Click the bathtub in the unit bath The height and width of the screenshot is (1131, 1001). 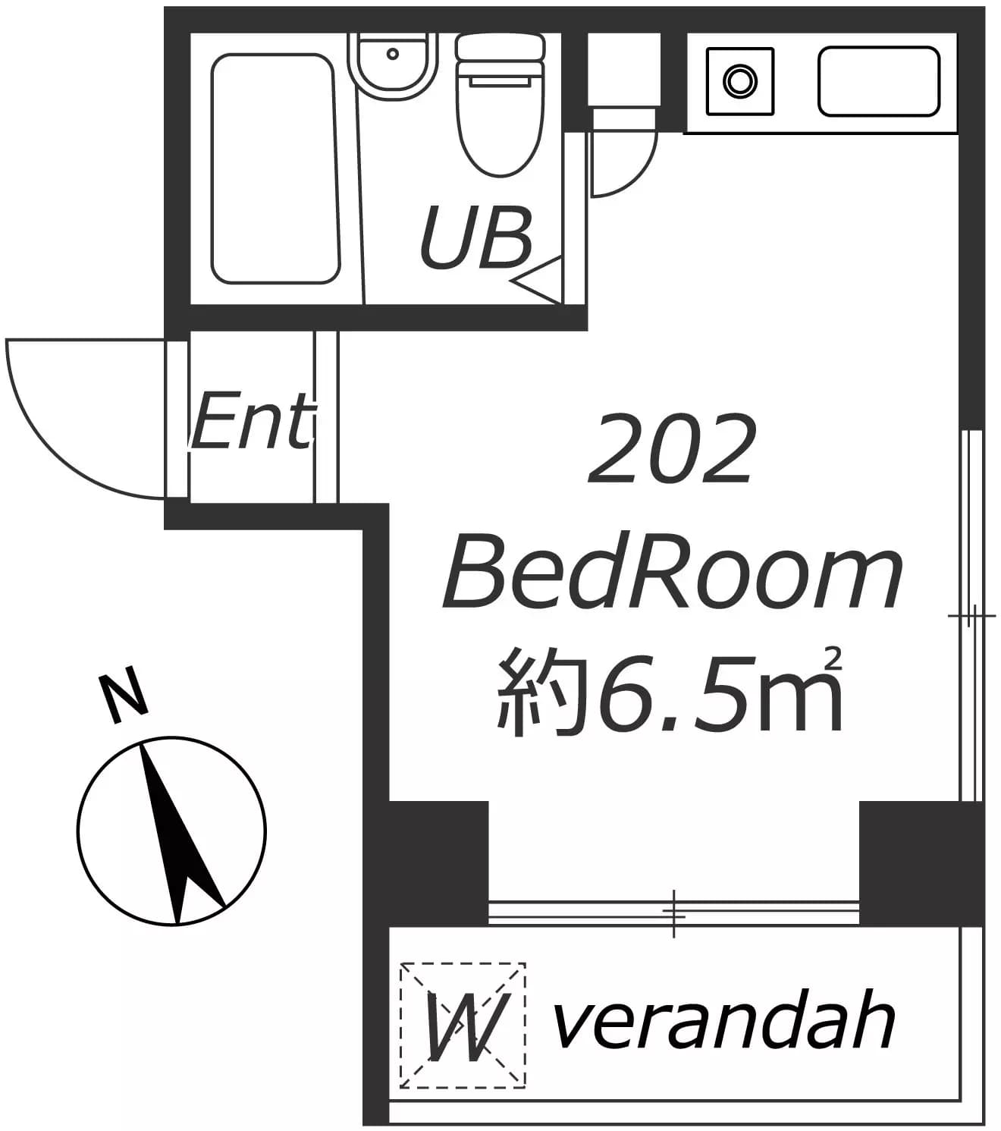click(275, 168)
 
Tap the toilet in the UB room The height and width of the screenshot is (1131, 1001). click(500, 105)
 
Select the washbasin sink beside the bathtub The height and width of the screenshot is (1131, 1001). click(392, 66)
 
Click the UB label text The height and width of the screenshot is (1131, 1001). click(475, 237)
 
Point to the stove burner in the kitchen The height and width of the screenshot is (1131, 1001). click(739, 81)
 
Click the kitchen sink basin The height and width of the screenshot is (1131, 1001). click(879, 81)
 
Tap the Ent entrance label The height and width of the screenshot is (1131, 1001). click(253, 421)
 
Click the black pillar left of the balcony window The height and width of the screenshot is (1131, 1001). click(439, 862)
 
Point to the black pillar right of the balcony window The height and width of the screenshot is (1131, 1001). click(921, 862)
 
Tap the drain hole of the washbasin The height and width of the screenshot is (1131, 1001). click(393, 54)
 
